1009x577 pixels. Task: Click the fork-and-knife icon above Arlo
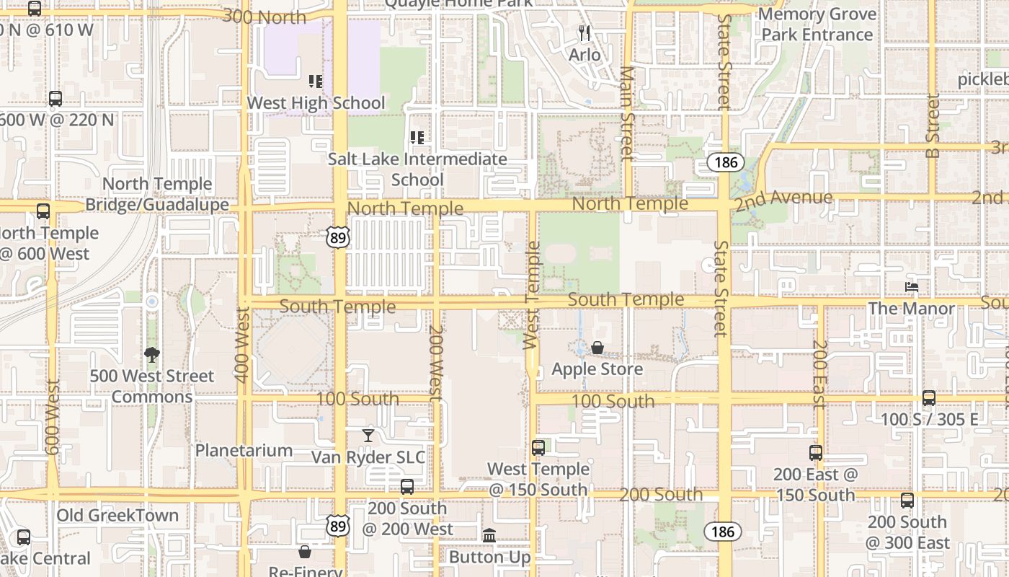(x=584, y=33)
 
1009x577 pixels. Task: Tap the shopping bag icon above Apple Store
(x=597, y=348)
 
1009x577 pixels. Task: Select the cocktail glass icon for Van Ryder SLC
(x=368, y=436)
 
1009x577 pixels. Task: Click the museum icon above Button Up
(x=489, y=535)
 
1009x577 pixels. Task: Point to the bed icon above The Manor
(x=912, y=287)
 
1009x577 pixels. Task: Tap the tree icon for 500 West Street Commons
(x=151, y=354)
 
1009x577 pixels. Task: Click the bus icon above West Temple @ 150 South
(x=538, y=448)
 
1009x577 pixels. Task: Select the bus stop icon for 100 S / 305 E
(x=928, y=398)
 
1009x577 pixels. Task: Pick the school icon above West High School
(x=316, y=82)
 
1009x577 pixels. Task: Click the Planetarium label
(x=244, y=451)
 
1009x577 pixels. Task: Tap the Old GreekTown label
(x=117, y=515)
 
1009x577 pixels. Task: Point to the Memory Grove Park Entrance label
(x=817, y=25)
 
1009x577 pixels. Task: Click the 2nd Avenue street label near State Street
(x=783, y=199)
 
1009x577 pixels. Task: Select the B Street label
(x=933, y=126)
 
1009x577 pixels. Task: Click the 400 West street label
(x=241, y=344)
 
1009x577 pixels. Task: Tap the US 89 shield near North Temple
(x=337, y=236)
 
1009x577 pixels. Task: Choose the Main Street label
(x=627, y=113)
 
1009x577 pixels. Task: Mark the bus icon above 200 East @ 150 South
(x=816, y=453)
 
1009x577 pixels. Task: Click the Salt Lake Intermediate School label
(x=417, y=169)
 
